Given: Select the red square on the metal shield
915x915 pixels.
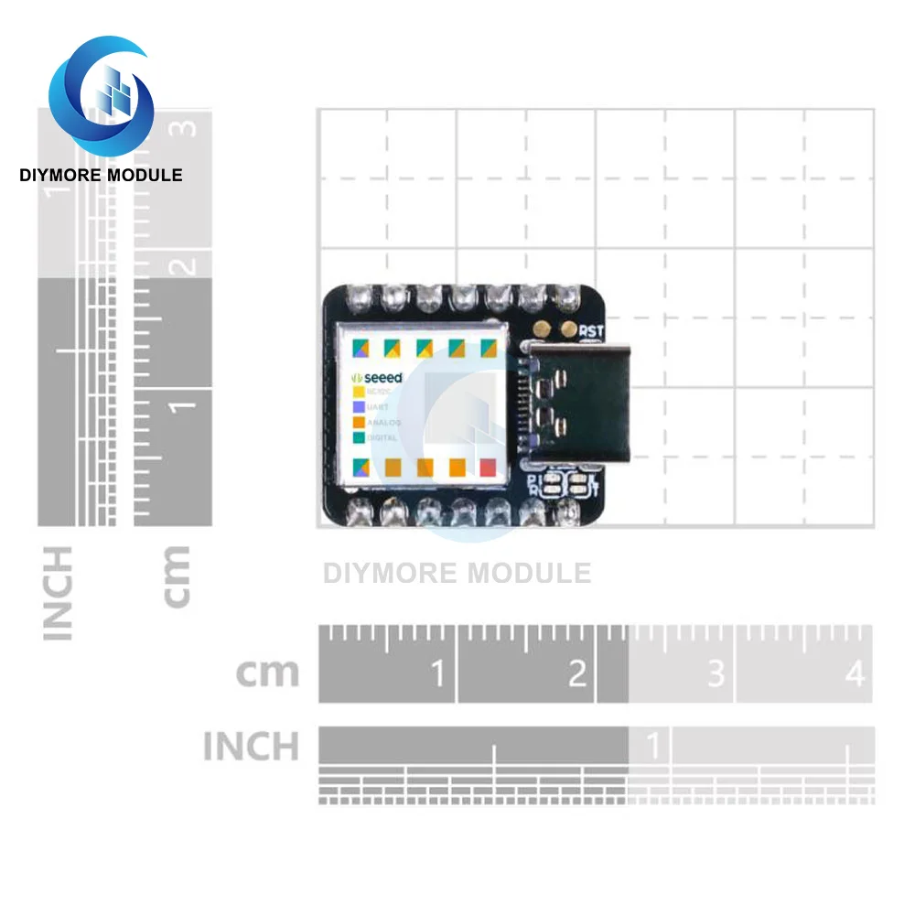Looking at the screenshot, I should pyautogui.click(x=488, y=468).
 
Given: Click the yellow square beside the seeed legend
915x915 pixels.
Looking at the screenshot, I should pyautogui.click(x=359, y=392).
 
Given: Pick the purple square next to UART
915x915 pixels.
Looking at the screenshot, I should pyautogui.click(x=359, y=407).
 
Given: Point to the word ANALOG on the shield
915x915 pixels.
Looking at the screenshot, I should pyautogui.click(x=384, y=423).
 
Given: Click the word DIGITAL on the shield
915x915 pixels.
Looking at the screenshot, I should pyautogui.click(x=382, y=438).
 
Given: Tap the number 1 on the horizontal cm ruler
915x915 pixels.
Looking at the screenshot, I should pyautogui.click(x=438, y=674).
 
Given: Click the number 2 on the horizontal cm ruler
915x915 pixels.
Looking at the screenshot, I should pyautogui.click(x=577, y=674).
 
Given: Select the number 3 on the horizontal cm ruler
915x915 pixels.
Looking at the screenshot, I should pyautogui.click(x=716, y=674).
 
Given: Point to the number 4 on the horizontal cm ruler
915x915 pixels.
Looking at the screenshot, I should pyautogui.click(x=855, y=674).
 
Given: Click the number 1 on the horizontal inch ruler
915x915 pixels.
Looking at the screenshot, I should pyautogui.click(x=653, y=747).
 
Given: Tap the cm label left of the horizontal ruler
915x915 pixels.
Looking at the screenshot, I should pyautogui.click(x=267, y=673).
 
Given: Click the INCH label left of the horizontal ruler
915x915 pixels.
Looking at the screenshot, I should pyautogui.click(x=251, y=747).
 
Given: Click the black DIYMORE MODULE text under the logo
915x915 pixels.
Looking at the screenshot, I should pyautogui.click(x=101, y=175).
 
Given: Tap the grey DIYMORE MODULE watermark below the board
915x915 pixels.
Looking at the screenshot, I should pyautogui.click(x=457, y=574).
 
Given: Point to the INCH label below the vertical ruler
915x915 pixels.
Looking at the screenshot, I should pyautogui.click(x=57, y=593).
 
